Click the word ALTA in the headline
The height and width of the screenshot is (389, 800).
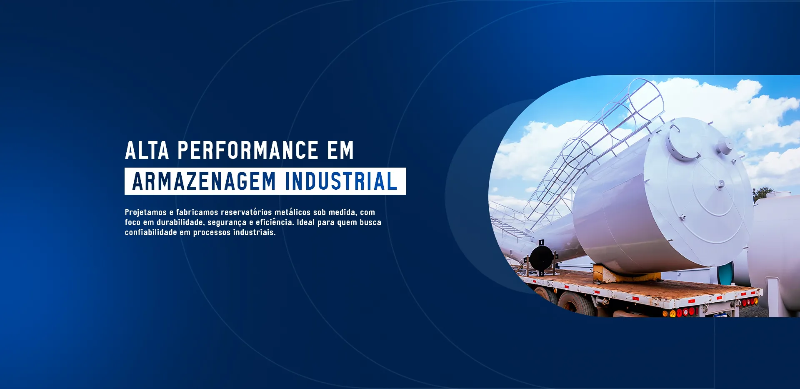(147, 150)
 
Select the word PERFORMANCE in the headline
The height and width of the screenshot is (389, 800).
(248, 150)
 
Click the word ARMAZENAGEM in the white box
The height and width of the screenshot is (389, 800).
(204, 181)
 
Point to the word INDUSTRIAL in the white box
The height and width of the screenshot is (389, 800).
(341, 181)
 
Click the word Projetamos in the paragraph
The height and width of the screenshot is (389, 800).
(146, 213)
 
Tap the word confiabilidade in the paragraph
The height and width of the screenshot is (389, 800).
(151, 232)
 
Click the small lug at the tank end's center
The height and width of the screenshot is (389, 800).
(720, 184)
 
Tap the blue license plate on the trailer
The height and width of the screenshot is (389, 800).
(720, 316)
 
